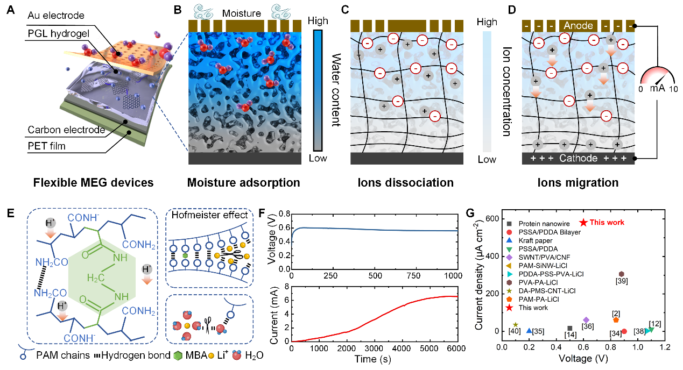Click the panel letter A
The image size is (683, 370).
(10, 10)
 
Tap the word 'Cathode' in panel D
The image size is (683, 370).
(579, 159)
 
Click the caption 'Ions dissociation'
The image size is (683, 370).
(406, 183)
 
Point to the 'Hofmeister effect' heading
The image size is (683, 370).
(210, 216)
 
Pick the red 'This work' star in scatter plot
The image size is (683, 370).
(583, 222)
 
